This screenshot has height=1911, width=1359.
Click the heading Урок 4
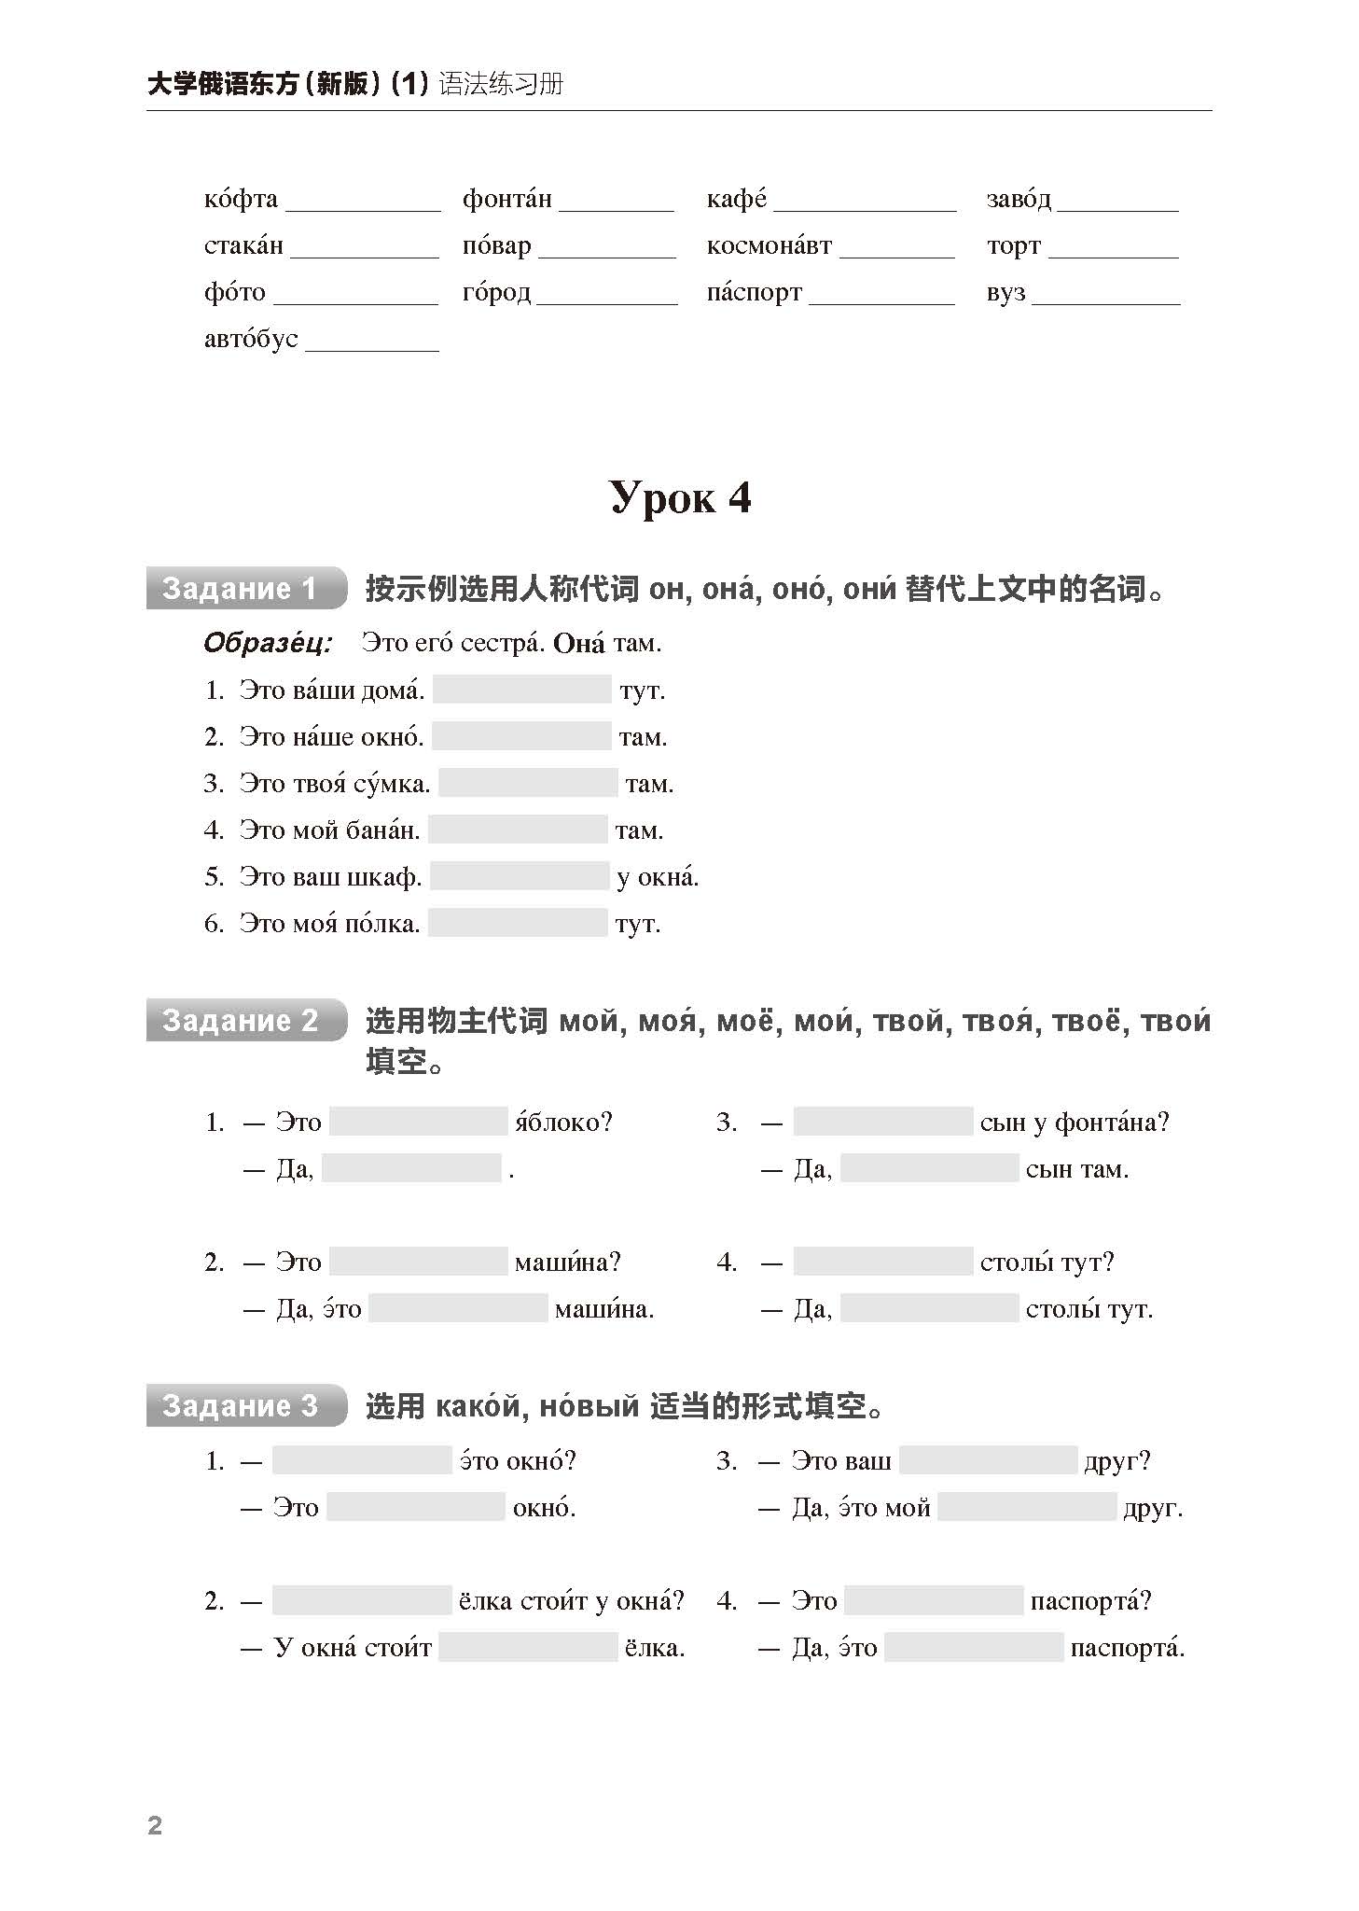tap(680, 498)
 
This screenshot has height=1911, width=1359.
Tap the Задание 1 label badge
tap(245, 589)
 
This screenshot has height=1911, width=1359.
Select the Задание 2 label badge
tap(245, 1021)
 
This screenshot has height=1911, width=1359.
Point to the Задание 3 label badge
tap(245, 1406)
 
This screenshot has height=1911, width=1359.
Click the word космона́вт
tap(769, 246)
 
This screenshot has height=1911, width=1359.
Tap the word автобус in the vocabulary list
tap(251, 339)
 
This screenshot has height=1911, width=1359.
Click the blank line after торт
tap(1113, 249)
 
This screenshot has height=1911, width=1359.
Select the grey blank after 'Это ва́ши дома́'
tap(521, 690)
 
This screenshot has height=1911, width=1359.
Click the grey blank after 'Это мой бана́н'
tap(518, 830)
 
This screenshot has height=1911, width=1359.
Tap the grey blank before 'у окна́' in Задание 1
tap(519, 877)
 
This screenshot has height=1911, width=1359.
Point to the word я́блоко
tap(563, 1123)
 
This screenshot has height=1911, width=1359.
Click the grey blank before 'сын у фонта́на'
tap(882, 1123)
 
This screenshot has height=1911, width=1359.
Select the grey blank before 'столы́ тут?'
tap(882, 1262)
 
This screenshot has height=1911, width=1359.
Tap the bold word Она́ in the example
tap(578, 644)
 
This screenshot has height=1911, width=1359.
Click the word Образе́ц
tap(267, 644)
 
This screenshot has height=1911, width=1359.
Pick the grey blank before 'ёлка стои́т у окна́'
tap(362, 1601)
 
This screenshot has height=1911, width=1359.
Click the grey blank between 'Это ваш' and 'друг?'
tap(988, 1461)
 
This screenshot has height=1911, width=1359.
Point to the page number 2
tap(155, 1826)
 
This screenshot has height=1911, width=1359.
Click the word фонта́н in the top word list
tap(506, 200)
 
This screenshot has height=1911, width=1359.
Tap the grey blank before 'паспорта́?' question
tap(933, 1601)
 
